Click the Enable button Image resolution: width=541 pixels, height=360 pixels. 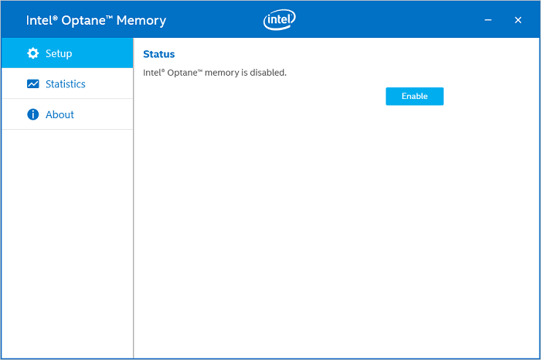tap(414, 97)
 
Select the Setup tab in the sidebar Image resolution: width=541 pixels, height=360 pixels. tap(67, 53)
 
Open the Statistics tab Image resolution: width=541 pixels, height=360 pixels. tap(67, 83)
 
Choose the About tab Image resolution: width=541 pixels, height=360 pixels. tap(67, 114)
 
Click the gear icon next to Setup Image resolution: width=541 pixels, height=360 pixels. tap(32, 53)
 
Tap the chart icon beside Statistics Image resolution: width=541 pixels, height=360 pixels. tap(32, 83)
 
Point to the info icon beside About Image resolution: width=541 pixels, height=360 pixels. tap(32, 114)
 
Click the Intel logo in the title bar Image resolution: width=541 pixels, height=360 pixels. tap(280, 20)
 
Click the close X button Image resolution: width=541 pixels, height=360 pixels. tap(518, 20)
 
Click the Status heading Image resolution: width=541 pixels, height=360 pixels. tap(159, 54)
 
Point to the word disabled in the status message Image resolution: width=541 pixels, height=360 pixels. tap(268, 73)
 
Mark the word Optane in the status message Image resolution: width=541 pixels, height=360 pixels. tap(185, 73)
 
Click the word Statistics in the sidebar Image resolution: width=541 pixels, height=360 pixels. tap(66, 83)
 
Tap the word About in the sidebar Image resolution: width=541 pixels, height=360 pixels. tap(60, 114)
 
